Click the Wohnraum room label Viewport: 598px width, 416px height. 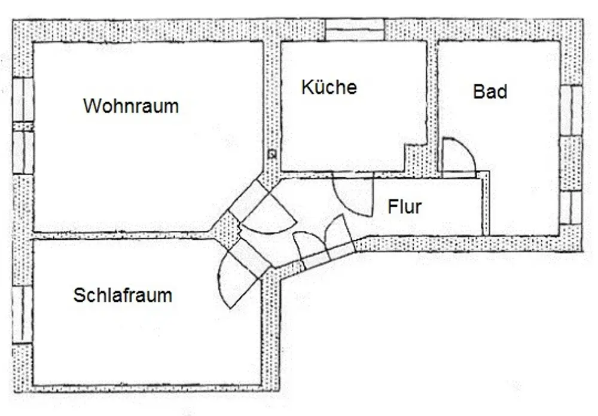(131, 106)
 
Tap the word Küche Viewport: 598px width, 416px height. (329, 87)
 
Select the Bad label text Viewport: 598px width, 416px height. (490, 92)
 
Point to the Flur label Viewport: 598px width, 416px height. (405, 207)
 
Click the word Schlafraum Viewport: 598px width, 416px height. (123, 295)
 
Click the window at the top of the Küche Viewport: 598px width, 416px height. (355, 29)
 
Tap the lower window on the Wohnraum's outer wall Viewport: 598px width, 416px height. (23, 152)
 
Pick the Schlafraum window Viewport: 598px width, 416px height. (23, 315)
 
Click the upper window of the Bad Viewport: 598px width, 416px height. (571, 110)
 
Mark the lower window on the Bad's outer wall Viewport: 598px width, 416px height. (571, 207)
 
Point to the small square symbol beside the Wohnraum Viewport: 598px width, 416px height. (271, 154)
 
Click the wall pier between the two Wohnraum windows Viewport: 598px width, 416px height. (23, 126)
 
